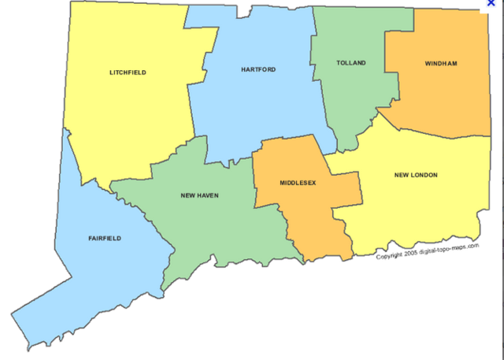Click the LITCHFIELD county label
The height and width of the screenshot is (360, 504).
[128, 72]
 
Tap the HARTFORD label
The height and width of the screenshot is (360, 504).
[258, 69]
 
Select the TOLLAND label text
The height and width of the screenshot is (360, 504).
[350, 63]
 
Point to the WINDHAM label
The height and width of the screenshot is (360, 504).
[441, 63]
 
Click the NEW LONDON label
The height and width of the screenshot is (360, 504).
[416, 175]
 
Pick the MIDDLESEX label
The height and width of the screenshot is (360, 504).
[298, 183]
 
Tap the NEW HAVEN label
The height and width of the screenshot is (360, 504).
[199, 195]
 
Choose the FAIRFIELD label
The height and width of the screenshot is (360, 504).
[105, 237]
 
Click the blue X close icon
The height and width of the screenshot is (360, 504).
[491, 4]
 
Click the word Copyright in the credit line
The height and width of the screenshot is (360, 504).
[391, 256]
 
